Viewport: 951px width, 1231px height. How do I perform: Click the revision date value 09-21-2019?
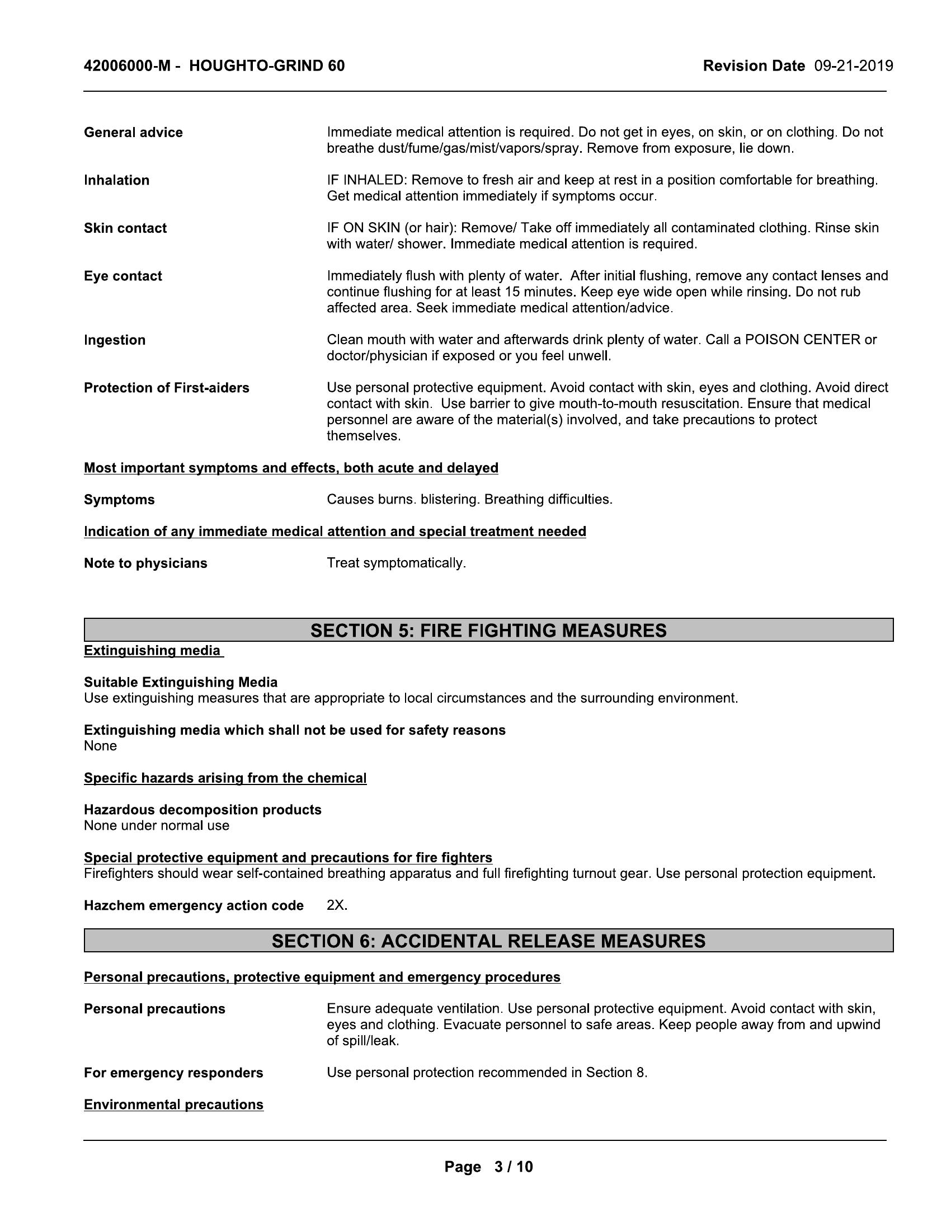[853, 66]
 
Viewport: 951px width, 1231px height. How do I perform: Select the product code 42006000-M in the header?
[127, 66]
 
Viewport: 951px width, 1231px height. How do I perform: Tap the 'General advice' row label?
[134, 133]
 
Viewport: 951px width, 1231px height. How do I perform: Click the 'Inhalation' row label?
[116, 180]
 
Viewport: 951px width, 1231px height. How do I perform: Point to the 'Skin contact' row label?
[125, 228]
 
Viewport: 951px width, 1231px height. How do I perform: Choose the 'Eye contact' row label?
[123, 276]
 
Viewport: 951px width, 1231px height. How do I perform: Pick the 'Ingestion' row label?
[114, 340]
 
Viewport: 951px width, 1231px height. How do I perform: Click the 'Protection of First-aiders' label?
[166, 388]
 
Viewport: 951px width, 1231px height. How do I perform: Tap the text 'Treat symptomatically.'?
[396, 563]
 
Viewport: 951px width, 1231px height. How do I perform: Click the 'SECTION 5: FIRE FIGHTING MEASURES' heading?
[488, 630]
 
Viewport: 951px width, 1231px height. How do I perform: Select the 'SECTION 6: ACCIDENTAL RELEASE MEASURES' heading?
[488, 941]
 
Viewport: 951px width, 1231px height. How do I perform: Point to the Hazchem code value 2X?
[336, 905]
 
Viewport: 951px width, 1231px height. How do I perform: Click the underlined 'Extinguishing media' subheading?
[153, 650]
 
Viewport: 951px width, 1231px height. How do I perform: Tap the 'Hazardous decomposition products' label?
[203, 810]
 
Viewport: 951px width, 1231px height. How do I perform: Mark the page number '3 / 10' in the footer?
[512, 1166]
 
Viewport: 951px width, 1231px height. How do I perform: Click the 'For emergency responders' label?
[173, 1073]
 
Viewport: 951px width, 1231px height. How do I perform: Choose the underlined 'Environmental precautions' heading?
[173, 1105]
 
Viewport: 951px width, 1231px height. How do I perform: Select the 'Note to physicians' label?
[145, 563]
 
